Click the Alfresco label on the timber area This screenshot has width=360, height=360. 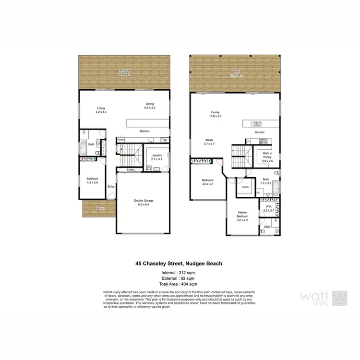tap(125, 70)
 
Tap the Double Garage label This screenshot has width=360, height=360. tap(144, 201)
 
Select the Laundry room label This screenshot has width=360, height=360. tap(156, 155)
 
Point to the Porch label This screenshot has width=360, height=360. tap(100, 208)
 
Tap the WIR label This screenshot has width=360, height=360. tap(267, 207)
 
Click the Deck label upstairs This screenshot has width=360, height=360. tap(234, 72)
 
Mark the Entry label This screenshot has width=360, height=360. tap(111, 186)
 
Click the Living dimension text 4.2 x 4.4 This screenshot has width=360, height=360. tap(101, 112)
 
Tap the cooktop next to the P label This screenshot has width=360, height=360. tap(263, 141)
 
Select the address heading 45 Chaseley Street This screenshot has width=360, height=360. tap(179, 264)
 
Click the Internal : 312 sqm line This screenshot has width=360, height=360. tap(179, 273)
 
